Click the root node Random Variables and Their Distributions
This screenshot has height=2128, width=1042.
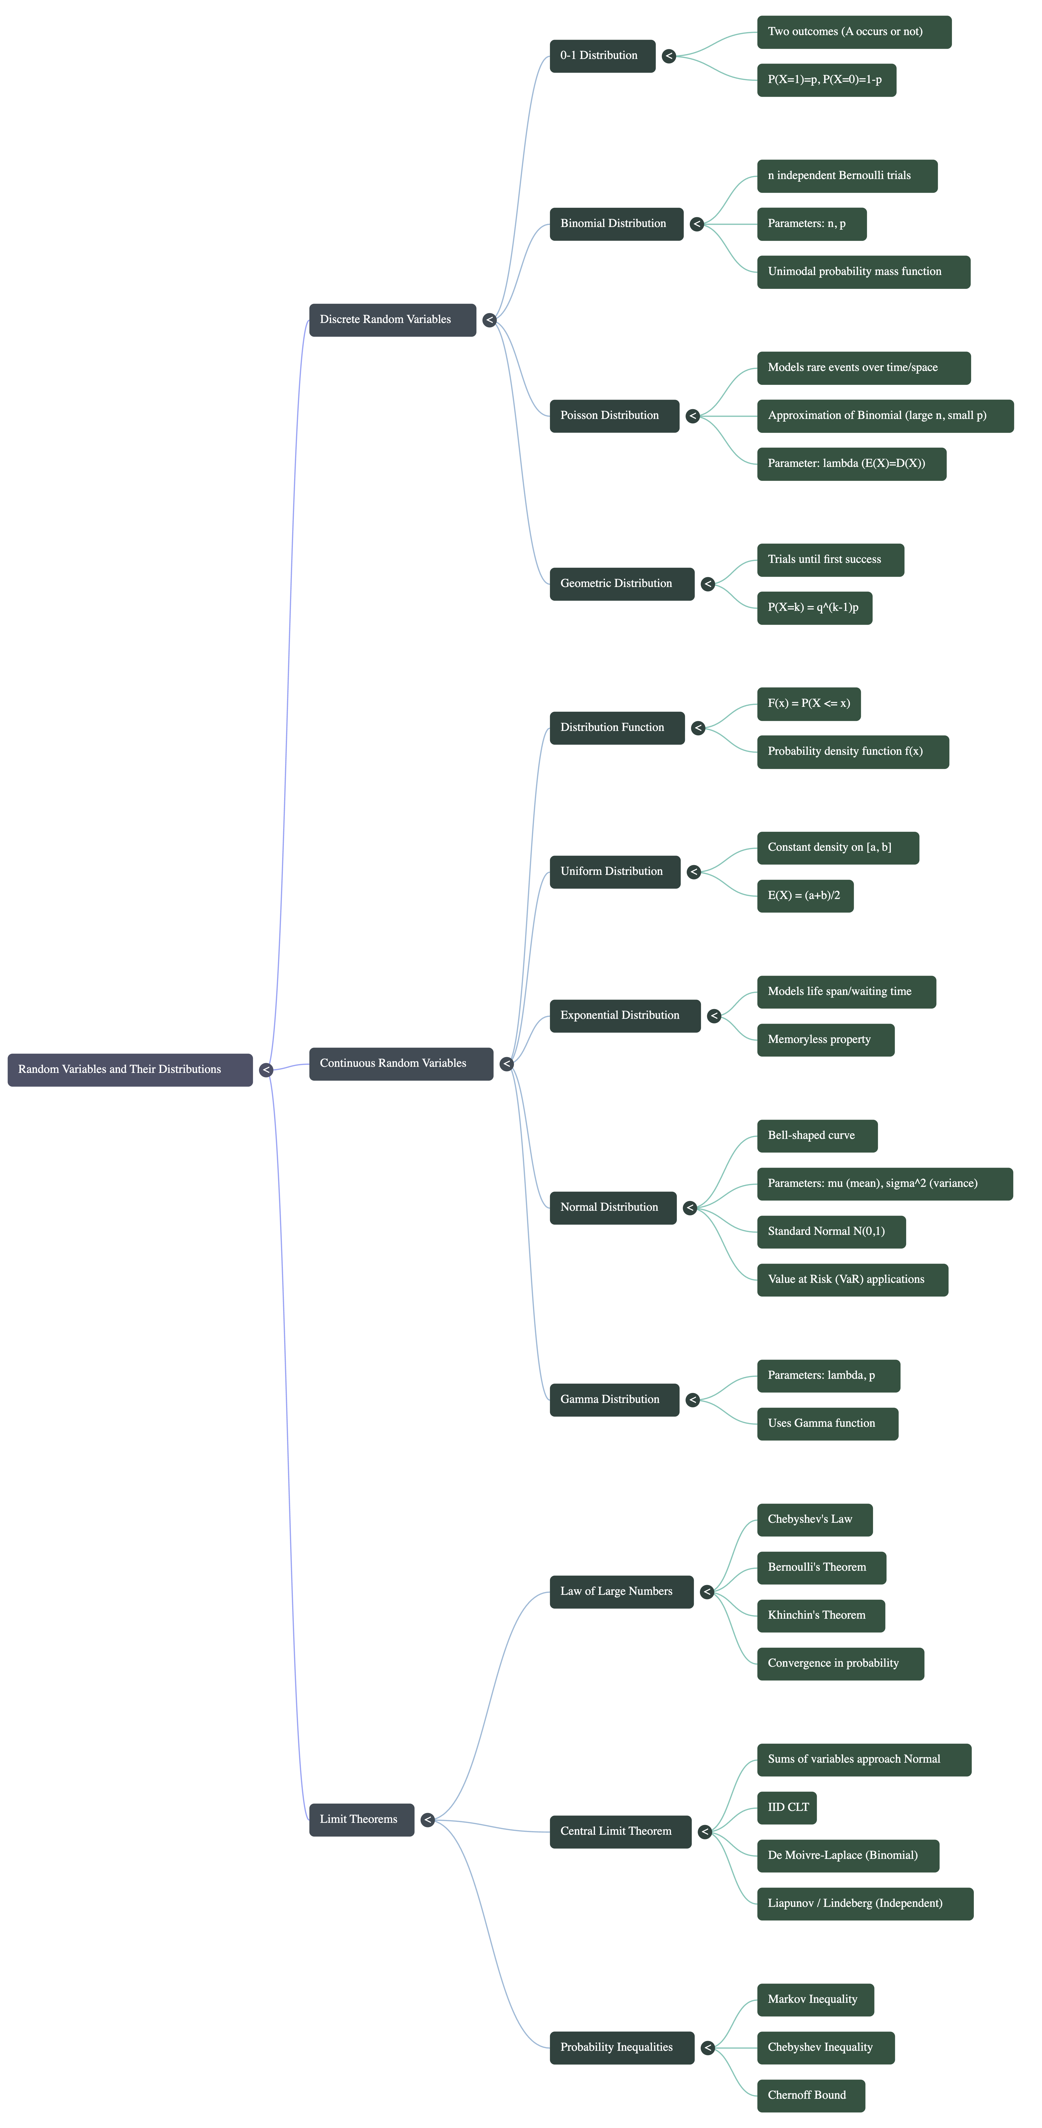(130, 1070)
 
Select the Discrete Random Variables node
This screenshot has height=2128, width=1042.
(392, 320)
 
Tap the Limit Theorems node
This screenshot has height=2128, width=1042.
(361, 1820)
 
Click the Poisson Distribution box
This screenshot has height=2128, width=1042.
(614, 416)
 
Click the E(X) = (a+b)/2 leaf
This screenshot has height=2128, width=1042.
(804, 896)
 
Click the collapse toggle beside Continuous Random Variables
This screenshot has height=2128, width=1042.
(506, 1064)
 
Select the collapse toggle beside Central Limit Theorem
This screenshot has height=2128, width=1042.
(704, 1832)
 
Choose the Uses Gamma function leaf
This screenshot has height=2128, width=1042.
(827, 1423)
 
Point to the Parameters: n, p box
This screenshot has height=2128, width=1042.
(811, 224)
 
